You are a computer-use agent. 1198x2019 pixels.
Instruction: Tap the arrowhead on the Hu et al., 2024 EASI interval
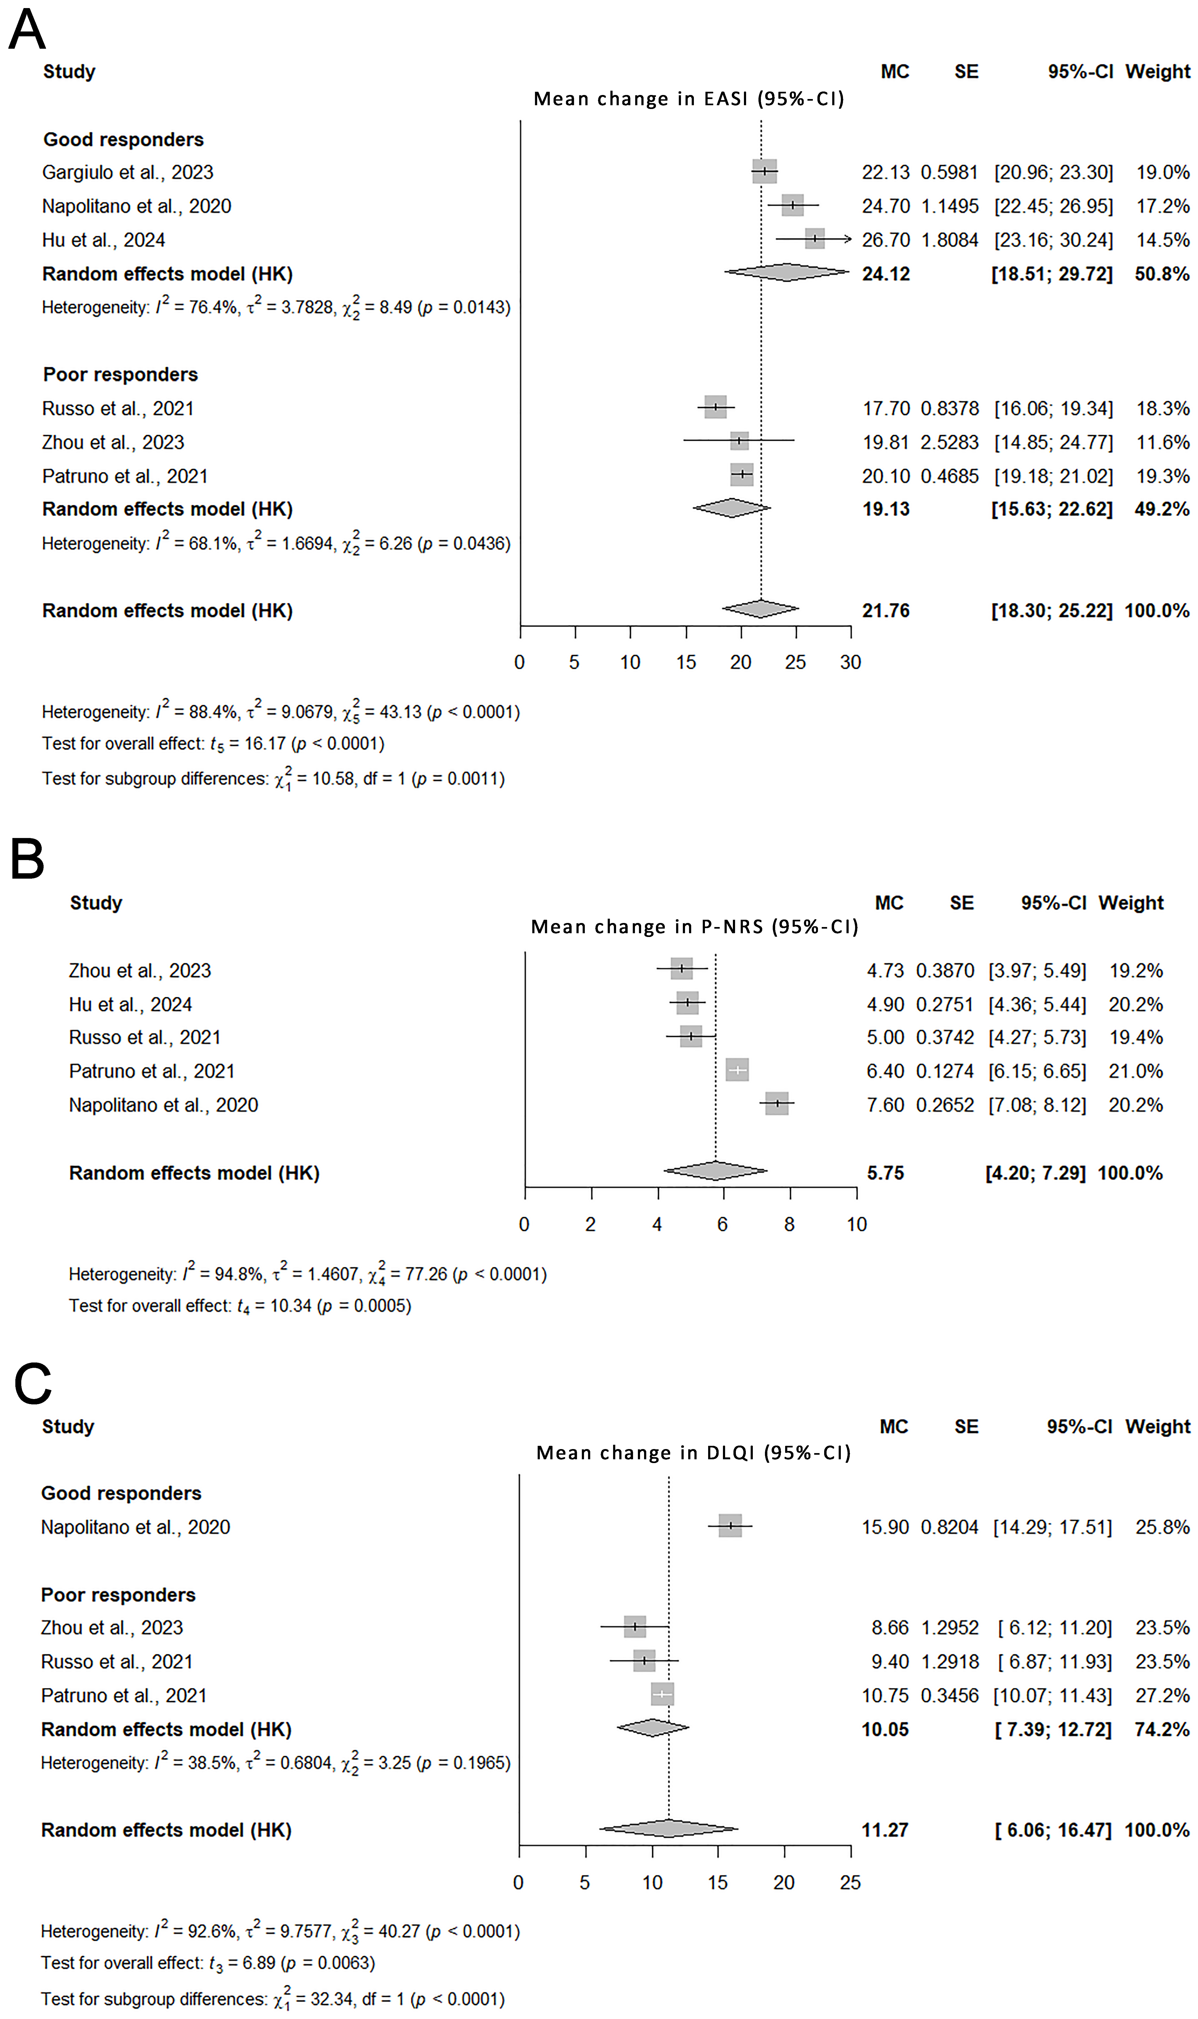point(847,239)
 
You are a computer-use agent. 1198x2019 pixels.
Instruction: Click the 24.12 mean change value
point(886,274)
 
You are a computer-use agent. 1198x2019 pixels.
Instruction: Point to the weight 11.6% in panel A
point(1162,442)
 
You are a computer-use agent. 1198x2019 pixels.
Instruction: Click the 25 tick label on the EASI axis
point(795,663)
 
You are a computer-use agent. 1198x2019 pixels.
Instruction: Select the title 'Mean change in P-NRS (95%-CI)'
point(694,926)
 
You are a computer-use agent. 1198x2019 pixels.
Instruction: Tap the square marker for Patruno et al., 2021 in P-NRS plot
point(736,1070)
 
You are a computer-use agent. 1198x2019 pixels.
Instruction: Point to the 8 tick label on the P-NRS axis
point(789,1224)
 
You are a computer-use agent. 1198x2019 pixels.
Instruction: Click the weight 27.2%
point(1162,1695)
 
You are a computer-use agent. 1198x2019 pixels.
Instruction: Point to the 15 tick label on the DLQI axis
point(718,1883)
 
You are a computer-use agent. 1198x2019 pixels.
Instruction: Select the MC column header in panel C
point(894,1427)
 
